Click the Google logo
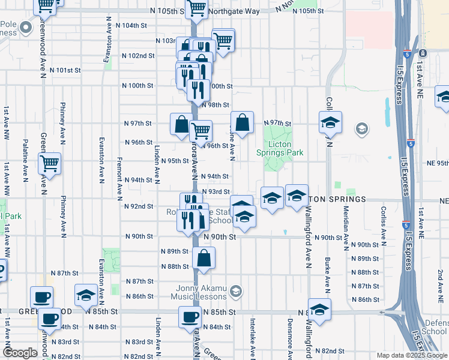pos(20,353)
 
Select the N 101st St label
pos(65,70)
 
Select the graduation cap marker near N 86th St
pos(86,295)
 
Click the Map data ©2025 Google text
pos(412,355)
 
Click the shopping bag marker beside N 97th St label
pos(241,123)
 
